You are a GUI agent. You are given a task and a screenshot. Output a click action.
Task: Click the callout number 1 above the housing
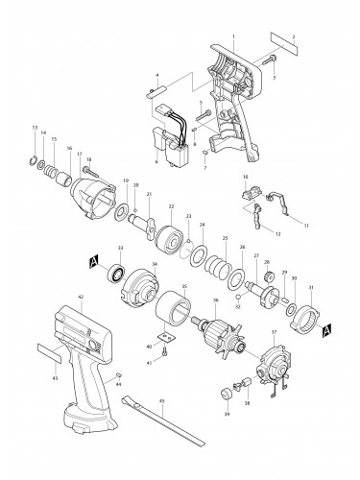(x=233, y=35)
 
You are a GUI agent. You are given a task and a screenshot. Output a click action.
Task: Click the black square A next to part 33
(x=93, y=261)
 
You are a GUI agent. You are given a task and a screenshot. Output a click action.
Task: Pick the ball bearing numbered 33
(x=120, y=276)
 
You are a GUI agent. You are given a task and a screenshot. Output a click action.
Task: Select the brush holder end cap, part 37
(x=277, y=363)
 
